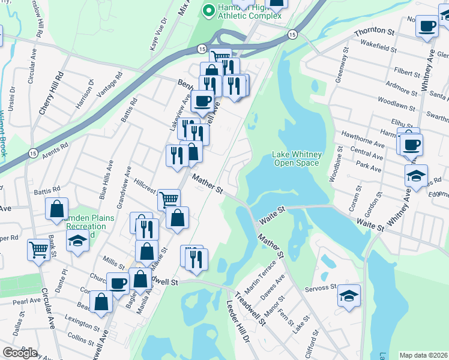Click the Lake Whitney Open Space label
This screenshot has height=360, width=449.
pos(297,158)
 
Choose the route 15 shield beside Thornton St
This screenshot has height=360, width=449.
pos(292,34)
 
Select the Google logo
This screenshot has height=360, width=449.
pos(20,353)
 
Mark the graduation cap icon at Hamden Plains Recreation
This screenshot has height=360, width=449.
pos(77,241)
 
